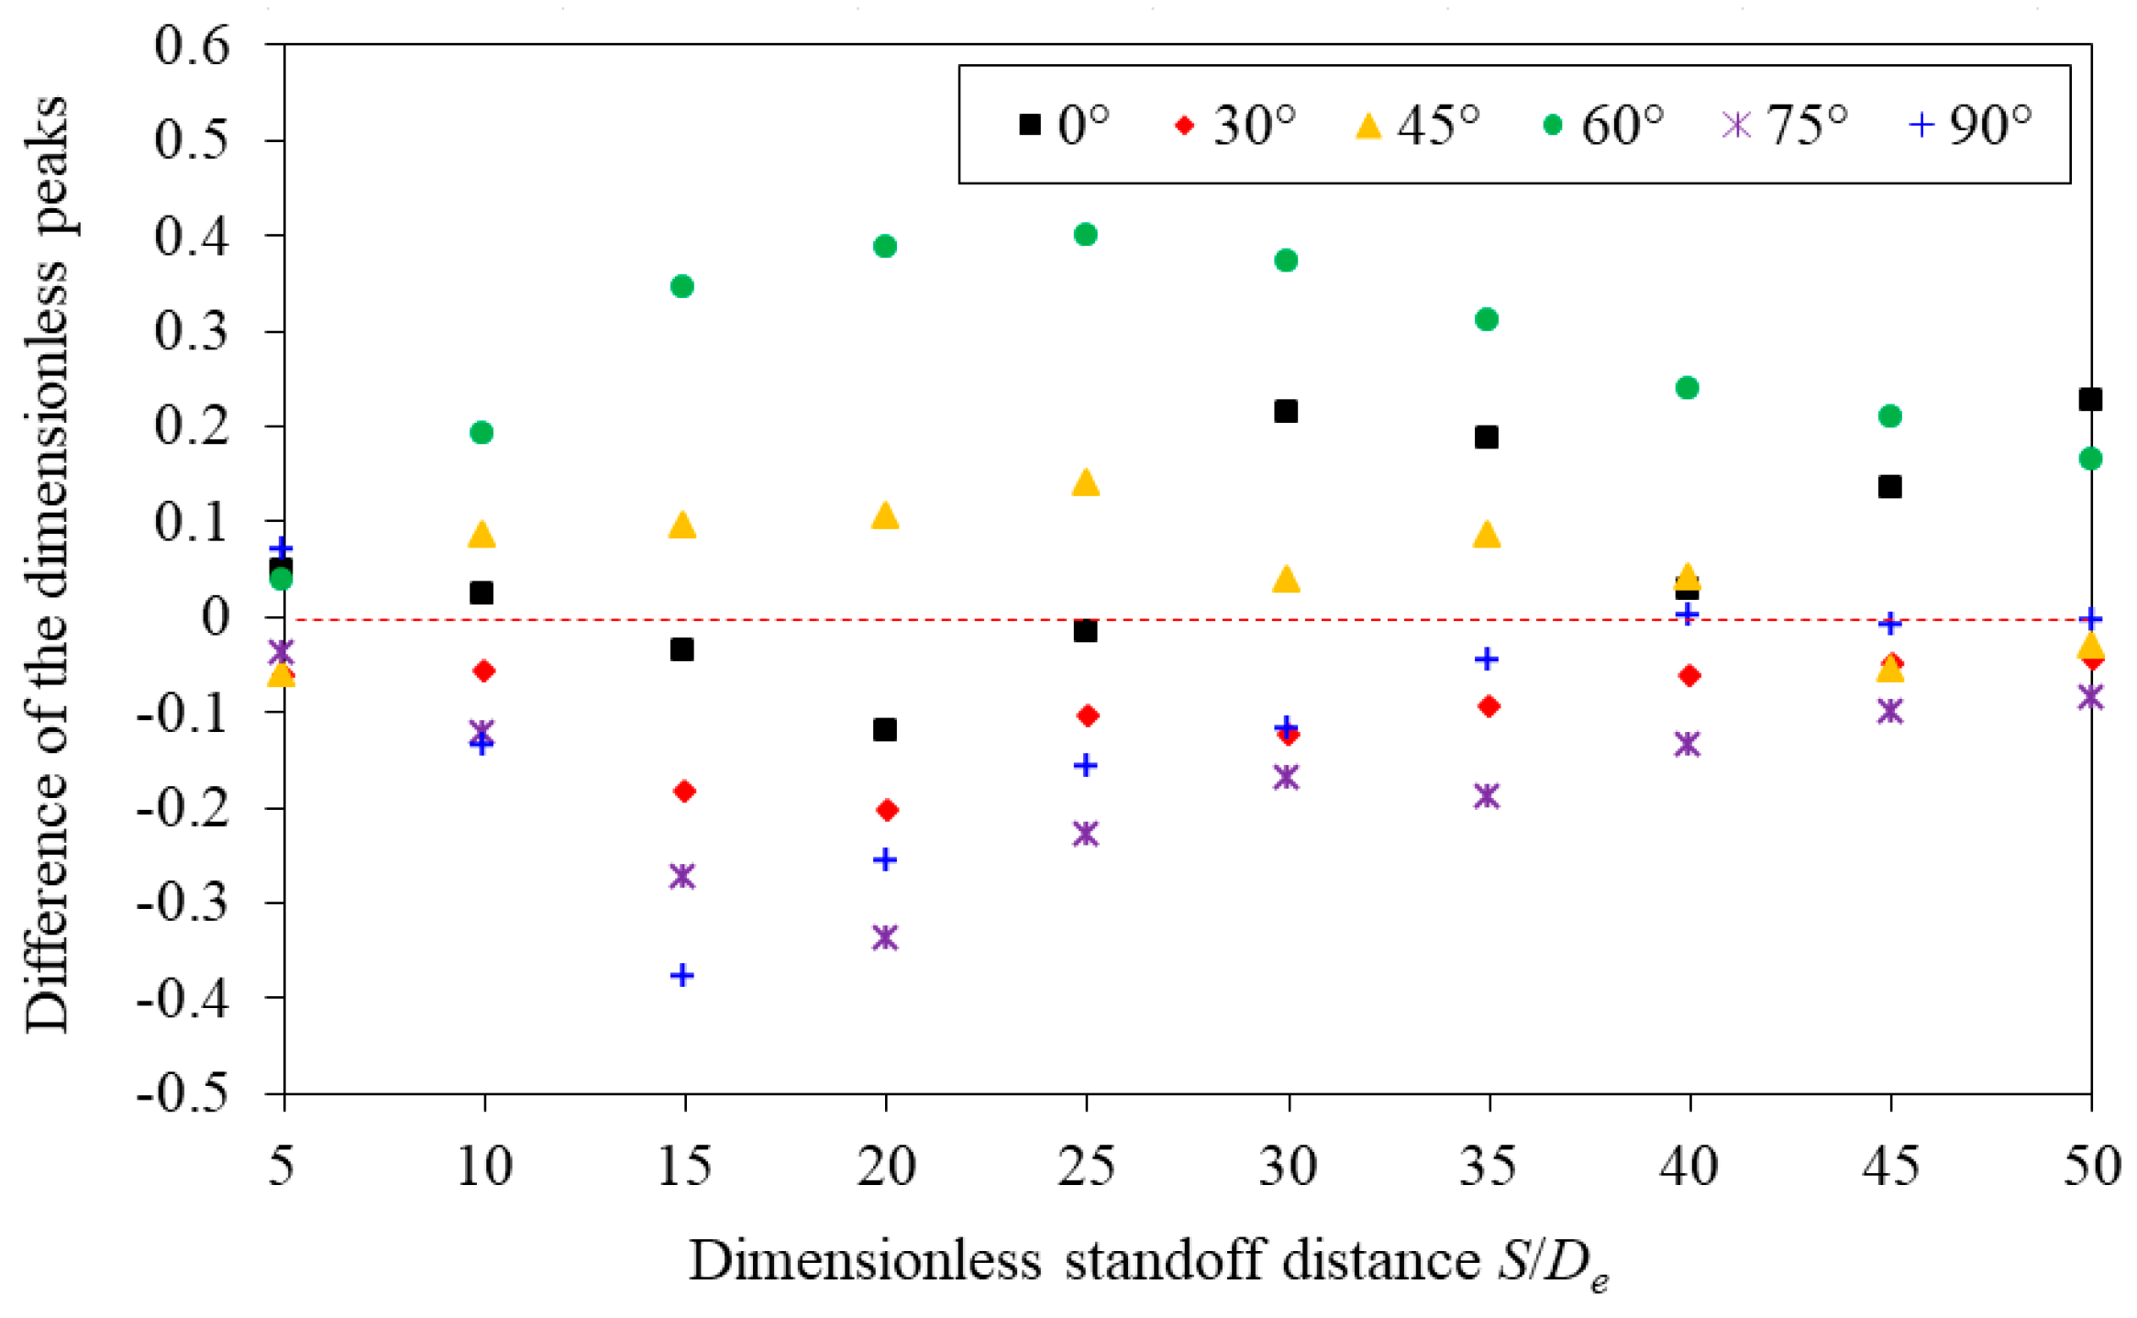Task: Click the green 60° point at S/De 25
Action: tap(1085, 235)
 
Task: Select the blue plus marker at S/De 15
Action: tap(681, 975)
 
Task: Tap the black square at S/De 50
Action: tap(2090, 399)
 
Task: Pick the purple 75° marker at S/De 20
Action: tap(885, 937)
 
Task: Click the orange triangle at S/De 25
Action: tap(1085, 483)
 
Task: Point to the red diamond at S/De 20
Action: tap(887, 810)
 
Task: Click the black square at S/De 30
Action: tap(1286, 411)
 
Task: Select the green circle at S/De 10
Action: tap(482, 432)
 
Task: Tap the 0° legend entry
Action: tap(1064, 125)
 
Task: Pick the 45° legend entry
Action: tap(1418, 125)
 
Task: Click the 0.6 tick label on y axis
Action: tap(192, 45)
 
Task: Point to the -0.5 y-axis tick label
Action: tap(183, 1093)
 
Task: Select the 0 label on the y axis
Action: tap(216, 617)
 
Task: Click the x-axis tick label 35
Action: tap(1487, 1167)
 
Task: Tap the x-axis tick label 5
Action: tap(282, 1167)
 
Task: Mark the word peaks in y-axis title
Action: tap(46, 165)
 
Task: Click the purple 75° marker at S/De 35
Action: tap(1487, 795)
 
